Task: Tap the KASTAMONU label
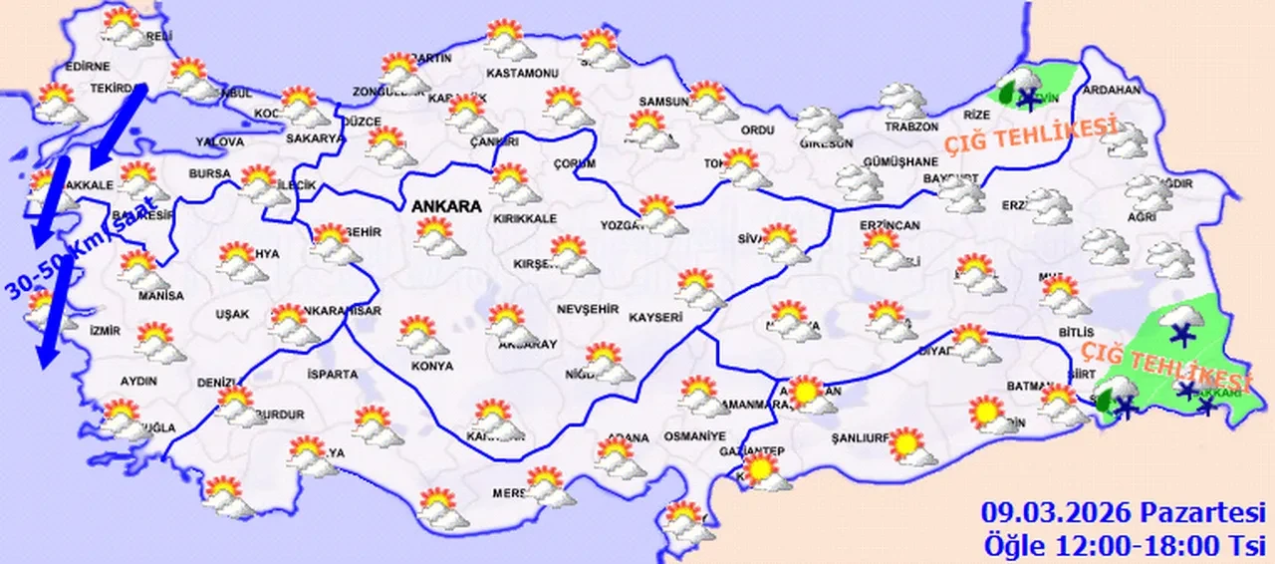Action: click(x=521, y=74)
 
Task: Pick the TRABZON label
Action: click(x=912, y=128)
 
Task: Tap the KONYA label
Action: click(x=431, y=366)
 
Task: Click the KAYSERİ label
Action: click(x=655, y=318)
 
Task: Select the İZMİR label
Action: click(x=105, y=331)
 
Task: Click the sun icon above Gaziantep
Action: click(x=762, y=469)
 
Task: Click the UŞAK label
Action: click(x=232, y=314)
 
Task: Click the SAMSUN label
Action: click(x=664, y=102)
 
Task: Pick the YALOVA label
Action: click(x=220, y=141)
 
